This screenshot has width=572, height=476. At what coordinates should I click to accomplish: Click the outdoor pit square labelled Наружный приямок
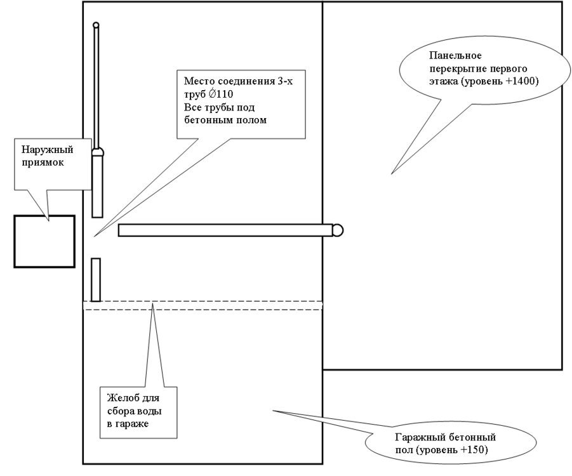click(44, 241)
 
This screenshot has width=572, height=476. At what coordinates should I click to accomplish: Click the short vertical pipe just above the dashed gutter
click(96, 280)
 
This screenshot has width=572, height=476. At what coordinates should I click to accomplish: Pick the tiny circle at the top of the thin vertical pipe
click(96, 25)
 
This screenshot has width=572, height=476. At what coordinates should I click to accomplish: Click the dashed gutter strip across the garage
click(203, 305)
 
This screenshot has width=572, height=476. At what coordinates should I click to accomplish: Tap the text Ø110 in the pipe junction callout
click(216, 93)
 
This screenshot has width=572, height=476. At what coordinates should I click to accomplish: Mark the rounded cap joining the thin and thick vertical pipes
click(96, 152)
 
